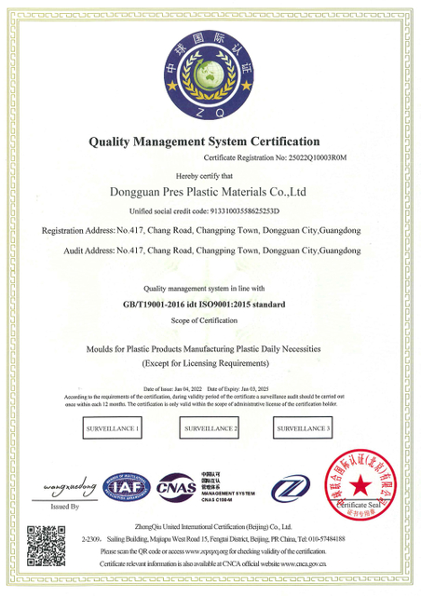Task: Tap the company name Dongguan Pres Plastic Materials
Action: coord(210,193)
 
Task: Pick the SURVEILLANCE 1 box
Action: coord(112,428)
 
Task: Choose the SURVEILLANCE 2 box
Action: coord(211,428)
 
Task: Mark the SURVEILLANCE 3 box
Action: coord(305,428)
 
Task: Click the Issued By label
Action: coord(65,507)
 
